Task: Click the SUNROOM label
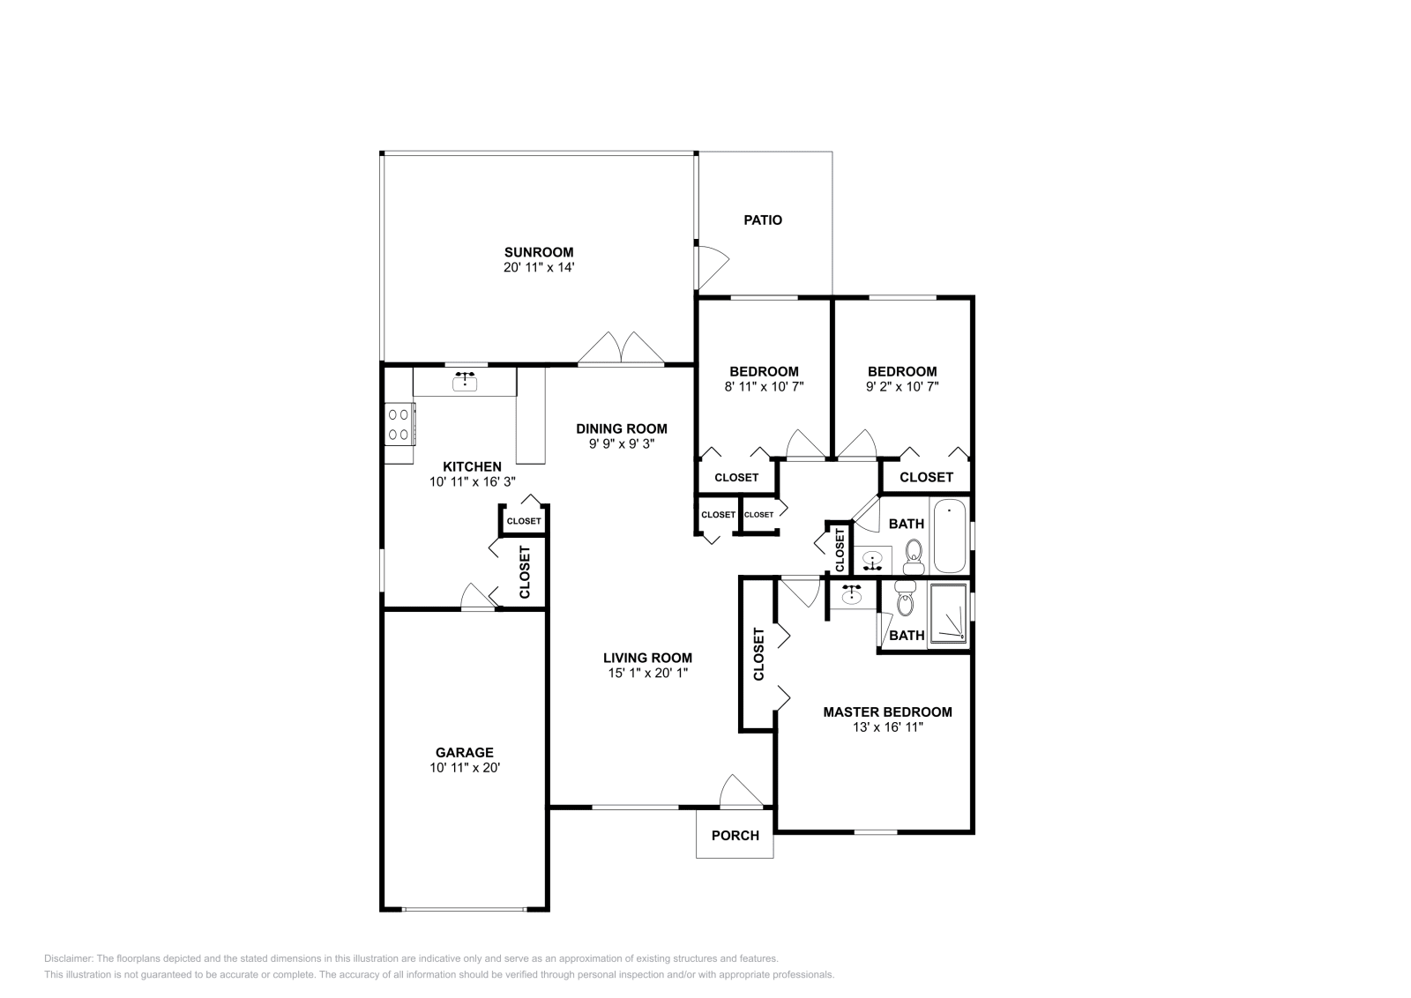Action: [538, 252]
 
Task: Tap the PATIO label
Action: [763, 220]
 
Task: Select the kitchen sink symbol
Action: [465, 382]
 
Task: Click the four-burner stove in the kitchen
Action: [399, 423]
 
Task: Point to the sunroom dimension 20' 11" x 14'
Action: [538, 267]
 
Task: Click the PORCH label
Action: [735, 835]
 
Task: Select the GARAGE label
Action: [464, 752]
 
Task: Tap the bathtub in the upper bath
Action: [950, 535]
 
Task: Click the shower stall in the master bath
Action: [949, 614]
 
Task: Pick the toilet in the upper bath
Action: [914, 556]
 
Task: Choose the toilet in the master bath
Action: [905, 600]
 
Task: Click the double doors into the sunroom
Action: [621, 348]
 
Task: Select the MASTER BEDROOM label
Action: [887, 711]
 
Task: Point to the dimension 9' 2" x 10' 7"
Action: [901, 386]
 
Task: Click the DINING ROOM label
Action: [621, 428]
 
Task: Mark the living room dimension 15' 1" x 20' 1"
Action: [646, 673]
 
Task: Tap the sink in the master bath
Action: [851, 596]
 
